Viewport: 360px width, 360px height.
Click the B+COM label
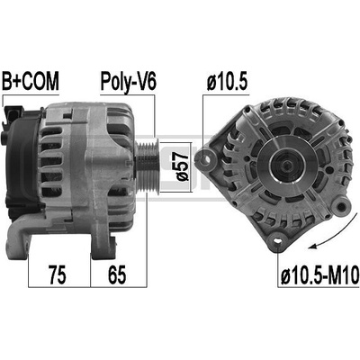pos(31,81)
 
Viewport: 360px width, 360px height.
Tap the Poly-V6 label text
pos(128,82)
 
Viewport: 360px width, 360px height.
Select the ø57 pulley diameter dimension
pos(183,166)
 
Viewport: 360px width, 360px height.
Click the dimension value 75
pos(58,274)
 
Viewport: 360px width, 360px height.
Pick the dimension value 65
pos(117,274)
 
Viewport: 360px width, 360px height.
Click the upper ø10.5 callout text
pos(227,82)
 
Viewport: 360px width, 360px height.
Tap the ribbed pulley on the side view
pos(147,166)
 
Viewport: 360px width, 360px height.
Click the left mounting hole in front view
pos(206,159)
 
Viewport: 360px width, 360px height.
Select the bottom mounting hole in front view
pos(277,240)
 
